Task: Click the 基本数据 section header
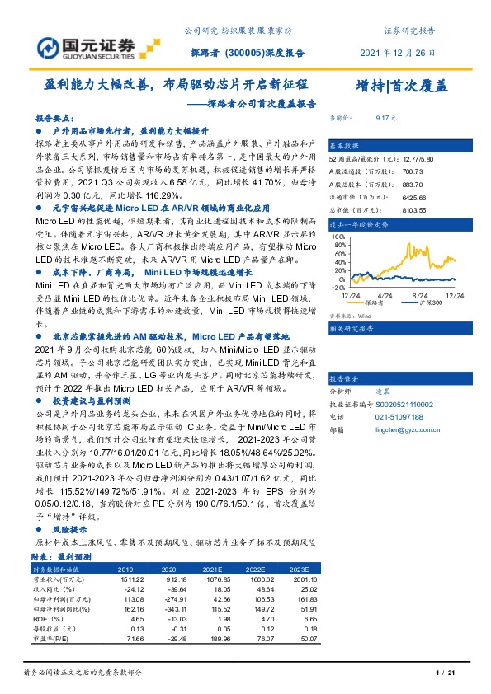345,143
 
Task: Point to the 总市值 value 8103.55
391,209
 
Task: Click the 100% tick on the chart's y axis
338,237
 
